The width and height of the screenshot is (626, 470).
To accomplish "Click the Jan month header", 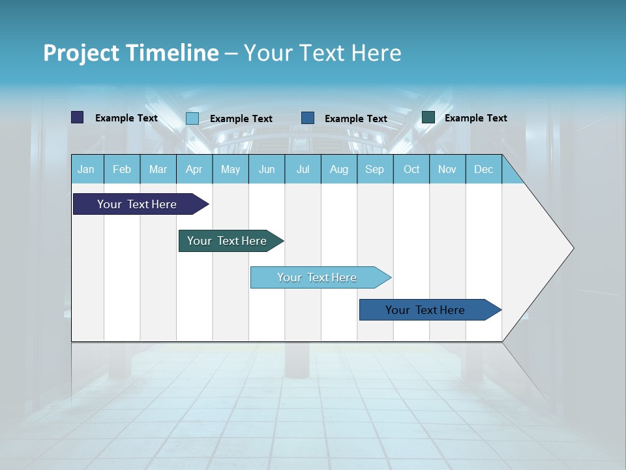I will (86, 169).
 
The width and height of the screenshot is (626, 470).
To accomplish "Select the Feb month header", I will (122, 169).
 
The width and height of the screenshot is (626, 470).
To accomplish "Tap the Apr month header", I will (194, 169).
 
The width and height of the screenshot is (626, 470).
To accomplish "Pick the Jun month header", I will (267, 169).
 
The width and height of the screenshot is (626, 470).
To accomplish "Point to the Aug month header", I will (339, 169).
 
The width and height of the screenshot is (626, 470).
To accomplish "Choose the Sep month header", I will (375, 169).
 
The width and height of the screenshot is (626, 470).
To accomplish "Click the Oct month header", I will (411, 169).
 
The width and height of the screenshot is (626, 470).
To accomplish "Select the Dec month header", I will (484, 169).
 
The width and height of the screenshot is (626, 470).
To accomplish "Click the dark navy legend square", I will (78, 117).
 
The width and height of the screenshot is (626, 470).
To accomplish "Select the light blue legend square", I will (192, 118).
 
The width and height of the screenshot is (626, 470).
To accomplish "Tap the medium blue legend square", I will (308, 118).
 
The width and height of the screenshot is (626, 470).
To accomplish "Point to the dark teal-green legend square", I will (428, 117).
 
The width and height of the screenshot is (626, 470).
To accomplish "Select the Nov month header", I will (447, 169).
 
